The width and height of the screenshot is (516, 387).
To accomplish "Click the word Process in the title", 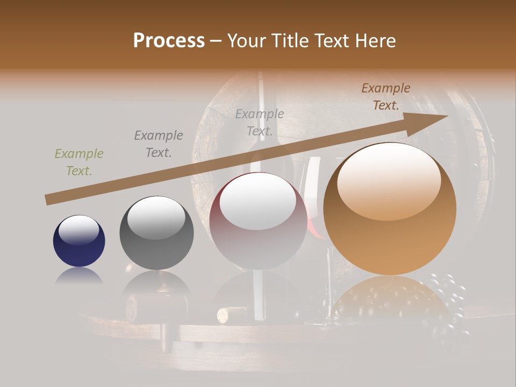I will point(169,41).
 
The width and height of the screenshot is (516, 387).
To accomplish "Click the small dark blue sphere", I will point(79,241).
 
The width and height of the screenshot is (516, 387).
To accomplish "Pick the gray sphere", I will point(156,233).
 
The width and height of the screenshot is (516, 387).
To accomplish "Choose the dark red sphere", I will point(258,221).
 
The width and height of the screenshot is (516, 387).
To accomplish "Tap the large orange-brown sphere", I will point(390,210).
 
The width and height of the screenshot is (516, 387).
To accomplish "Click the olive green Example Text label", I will point(78,162).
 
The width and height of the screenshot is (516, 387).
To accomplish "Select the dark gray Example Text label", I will point(158,144).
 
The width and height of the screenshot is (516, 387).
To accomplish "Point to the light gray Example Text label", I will point(260,122).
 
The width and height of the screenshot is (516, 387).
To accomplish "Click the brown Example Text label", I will point(385,97).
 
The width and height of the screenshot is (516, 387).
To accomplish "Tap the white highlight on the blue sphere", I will point(79,229).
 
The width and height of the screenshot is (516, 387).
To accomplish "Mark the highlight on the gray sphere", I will point(156,217).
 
